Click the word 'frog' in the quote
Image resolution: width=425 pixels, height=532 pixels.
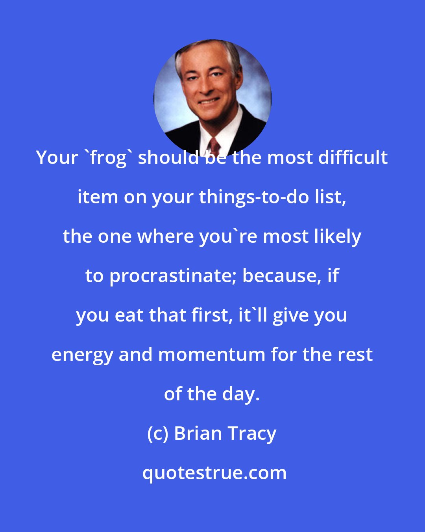pyautogui.click(x=105, y=158)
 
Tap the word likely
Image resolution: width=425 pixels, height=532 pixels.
pyautogui.click(x=341, y=237)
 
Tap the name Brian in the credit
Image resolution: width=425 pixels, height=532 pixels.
pyautogui.click(x=198, y=433)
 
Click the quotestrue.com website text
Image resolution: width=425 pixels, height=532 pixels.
pyautogui.click(x=214, y=473)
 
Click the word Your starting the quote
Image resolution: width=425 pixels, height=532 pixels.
pyautogui.click(x=57, y=158)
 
